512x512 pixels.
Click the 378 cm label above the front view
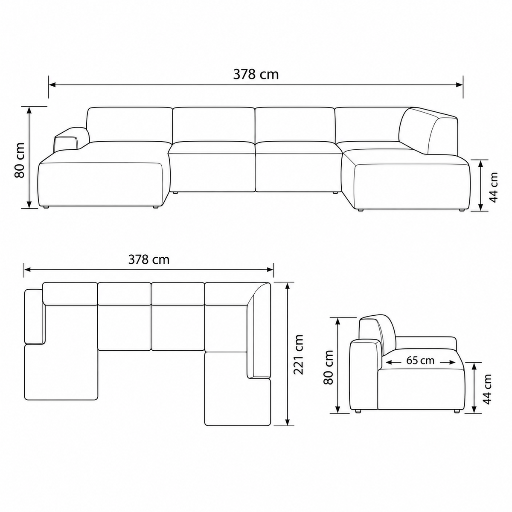[x=256, y=75]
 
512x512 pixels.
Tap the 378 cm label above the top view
[x=149, y=259]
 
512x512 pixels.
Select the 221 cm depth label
[x=298, y=355]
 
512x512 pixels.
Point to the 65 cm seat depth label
[x=420, y=361]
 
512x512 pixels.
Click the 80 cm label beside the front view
[x=19, y=160]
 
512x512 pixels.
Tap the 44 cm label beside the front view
[x=493, y=187]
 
